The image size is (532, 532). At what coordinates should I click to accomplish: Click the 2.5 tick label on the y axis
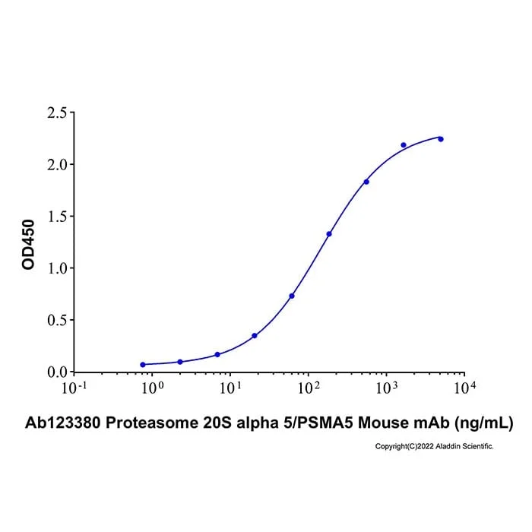point(57,112)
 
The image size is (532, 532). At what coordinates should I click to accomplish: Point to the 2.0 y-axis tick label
point(57,165)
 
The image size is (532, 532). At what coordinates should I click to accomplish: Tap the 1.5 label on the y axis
point(57,217)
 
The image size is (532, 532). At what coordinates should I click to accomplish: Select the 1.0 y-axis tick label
point(57,268)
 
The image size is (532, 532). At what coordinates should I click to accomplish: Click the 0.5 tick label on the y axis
point(57,320)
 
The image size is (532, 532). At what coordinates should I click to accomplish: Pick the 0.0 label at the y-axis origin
point(57,372)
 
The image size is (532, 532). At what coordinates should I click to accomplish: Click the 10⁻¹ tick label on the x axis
point(74,388)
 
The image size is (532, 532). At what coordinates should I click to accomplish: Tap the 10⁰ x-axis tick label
point(152,388)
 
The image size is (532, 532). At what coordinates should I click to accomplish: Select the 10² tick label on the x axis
point(309,388)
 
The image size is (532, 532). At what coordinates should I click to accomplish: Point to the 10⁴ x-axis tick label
point(464,388)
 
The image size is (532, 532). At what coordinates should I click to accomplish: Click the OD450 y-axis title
point(28,245)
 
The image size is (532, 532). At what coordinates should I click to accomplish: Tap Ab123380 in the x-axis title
point(63,423)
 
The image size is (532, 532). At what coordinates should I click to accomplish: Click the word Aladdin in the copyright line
point(447,447)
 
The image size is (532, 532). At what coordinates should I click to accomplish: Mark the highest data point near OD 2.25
point(441,139)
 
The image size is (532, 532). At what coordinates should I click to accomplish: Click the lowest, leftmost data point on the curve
point(143,365)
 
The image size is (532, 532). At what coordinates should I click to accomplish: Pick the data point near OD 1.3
point(329,234)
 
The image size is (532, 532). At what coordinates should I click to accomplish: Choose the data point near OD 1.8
point(366,182)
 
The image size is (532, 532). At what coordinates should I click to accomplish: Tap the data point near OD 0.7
point(292,296)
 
